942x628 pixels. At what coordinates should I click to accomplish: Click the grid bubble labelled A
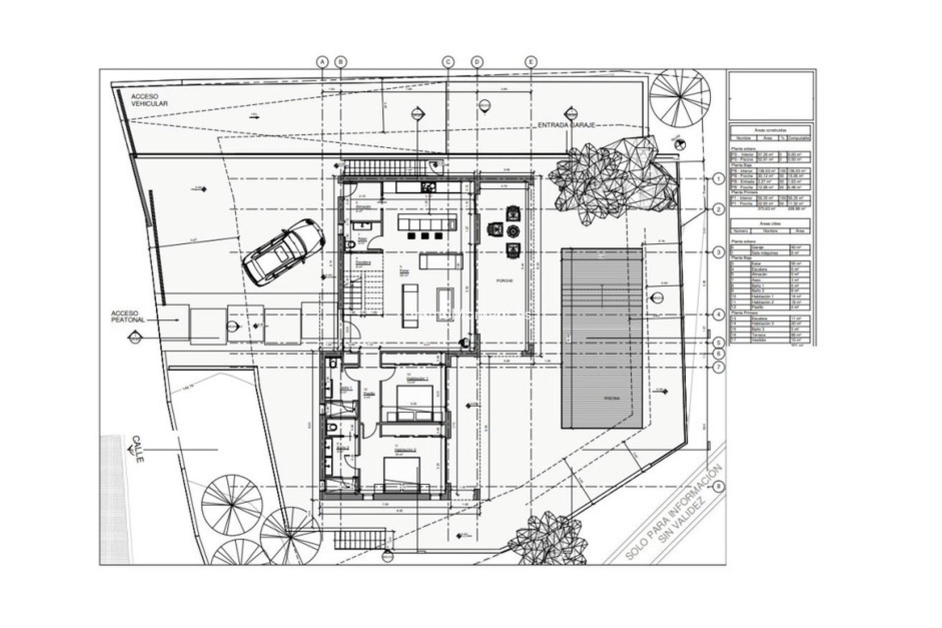(322, 62)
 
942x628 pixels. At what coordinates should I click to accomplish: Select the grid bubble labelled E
(531, 62)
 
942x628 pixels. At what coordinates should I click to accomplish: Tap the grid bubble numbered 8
(719, 487)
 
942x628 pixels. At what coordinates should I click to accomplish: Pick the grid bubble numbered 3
(719, 252)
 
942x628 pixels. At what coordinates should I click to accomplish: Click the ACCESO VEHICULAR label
(149, 101)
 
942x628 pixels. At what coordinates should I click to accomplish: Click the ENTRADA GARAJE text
(566, 126)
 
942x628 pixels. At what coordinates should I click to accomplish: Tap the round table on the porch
(513, 231)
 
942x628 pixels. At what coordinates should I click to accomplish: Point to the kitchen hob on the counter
(427, 187)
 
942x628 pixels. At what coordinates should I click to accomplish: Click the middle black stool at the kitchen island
(425, 236)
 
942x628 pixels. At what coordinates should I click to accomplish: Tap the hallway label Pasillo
(367, 393)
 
